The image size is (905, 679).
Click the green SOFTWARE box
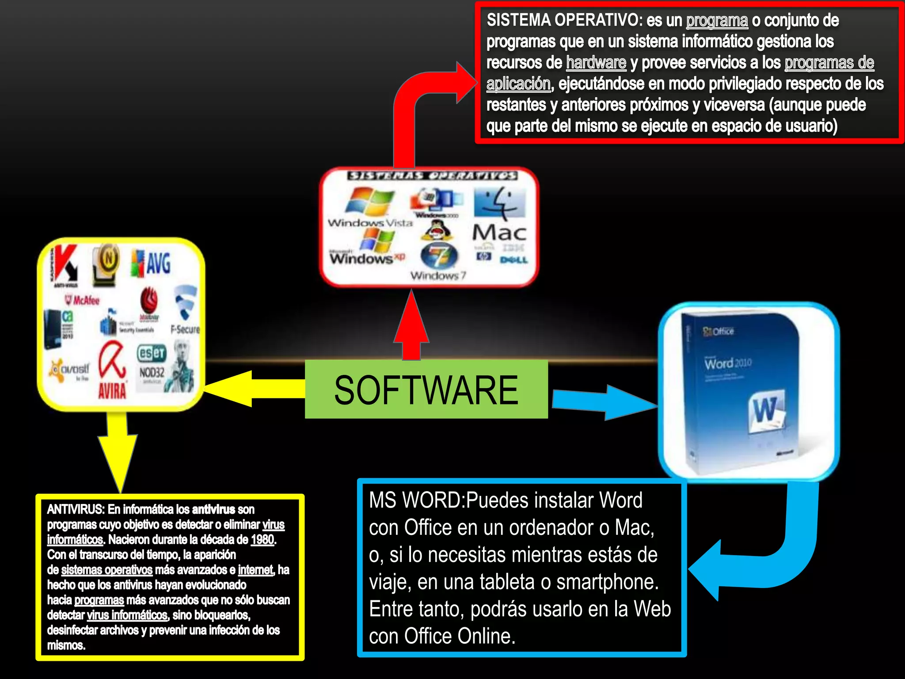426,389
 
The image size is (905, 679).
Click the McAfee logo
83,301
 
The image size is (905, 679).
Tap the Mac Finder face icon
499,203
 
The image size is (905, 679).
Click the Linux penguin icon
436,229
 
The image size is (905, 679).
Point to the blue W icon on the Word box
767,411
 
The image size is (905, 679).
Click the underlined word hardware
596,63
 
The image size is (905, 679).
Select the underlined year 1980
262,540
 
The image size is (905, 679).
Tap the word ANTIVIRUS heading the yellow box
75,510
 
